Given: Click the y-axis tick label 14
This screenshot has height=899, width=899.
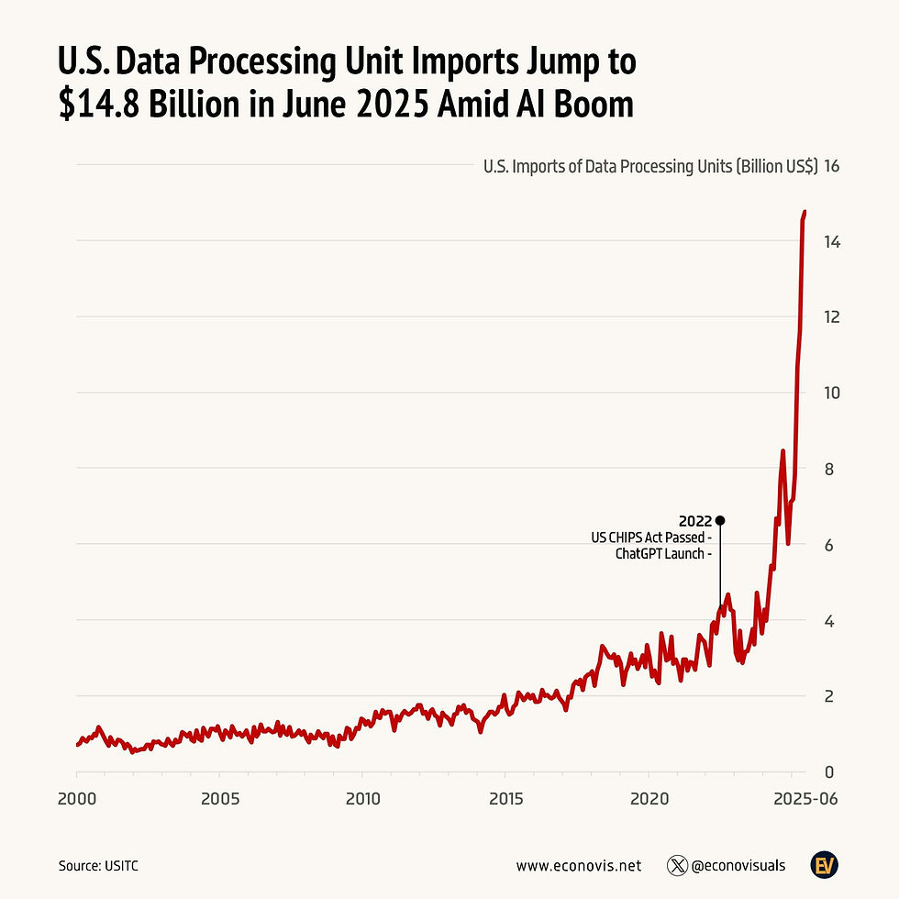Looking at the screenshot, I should [833, 242].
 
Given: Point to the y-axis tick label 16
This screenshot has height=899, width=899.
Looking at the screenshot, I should [833, 167].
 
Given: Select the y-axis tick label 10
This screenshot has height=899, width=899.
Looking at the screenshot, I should [833, 393].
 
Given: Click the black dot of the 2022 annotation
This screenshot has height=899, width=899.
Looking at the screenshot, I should [720, 520].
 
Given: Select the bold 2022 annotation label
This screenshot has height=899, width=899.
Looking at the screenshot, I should [694, 521].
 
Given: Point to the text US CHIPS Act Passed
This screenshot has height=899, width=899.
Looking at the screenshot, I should [650, 538].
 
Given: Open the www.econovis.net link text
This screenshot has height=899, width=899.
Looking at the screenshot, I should [578, 865].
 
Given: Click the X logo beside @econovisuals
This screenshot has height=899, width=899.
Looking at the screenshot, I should [678, 865].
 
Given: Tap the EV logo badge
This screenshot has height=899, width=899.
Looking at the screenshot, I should [823, 864].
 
